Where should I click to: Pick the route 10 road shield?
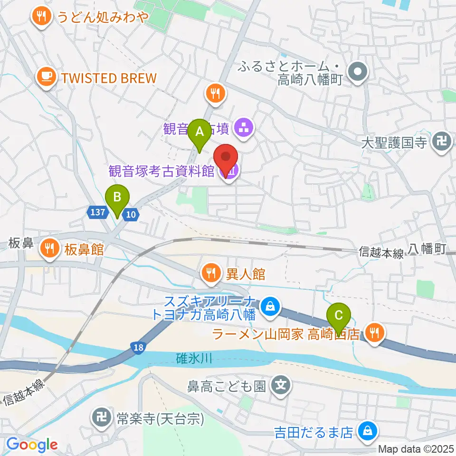pyautogui.click(x=131, y=215)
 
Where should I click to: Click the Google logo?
pyautogui.click(x=32, y=444)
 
